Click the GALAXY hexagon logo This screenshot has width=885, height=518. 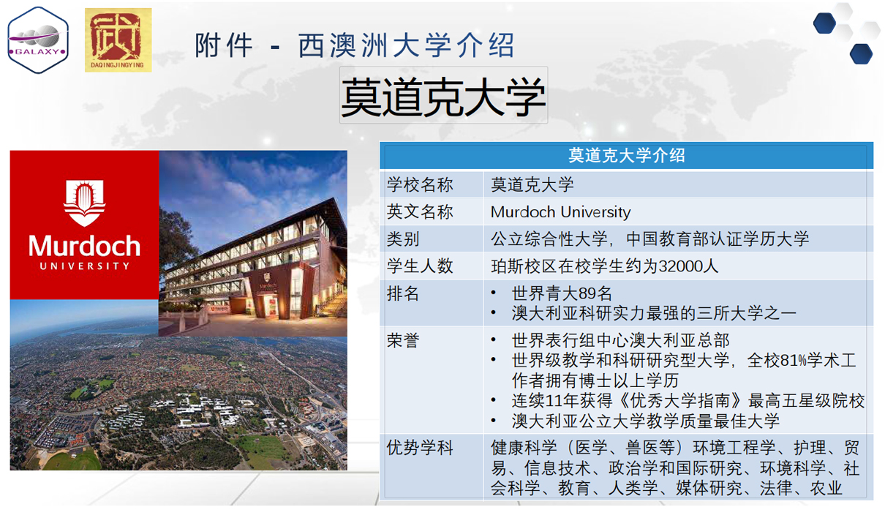[38, 40]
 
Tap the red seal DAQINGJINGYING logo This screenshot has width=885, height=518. [118, 40]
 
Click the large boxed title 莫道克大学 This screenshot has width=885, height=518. [443, 96]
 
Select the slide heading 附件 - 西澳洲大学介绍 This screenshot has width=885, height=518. [355, 45]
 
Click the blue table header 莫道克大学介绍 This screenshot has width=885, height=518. [626, 155]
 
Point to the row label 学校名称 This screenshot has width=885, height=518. [420, 184]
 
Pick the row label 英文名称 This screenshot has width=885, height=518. [420, 211]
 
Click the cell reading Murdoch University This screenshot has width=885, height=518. [560, 212]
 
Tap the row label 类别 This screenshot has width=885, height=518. [402, 239]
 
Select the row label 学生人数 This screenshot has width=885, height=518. [420, 266]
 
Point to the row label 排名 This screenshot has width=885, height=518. [402, 293]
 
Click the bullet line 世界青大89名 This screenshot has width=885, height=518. [562, 293]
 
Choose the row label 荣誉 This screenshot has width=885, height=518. [402, 341]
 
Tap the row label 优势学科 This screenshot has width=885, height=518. [420, 448]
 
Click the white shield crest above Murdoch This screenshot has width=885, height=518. [84, 203]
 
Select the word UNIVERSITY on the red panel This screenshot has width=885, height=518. [84, 266]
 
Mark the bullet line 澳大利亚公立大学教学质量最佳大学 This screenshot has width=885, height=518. [645, 421]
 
